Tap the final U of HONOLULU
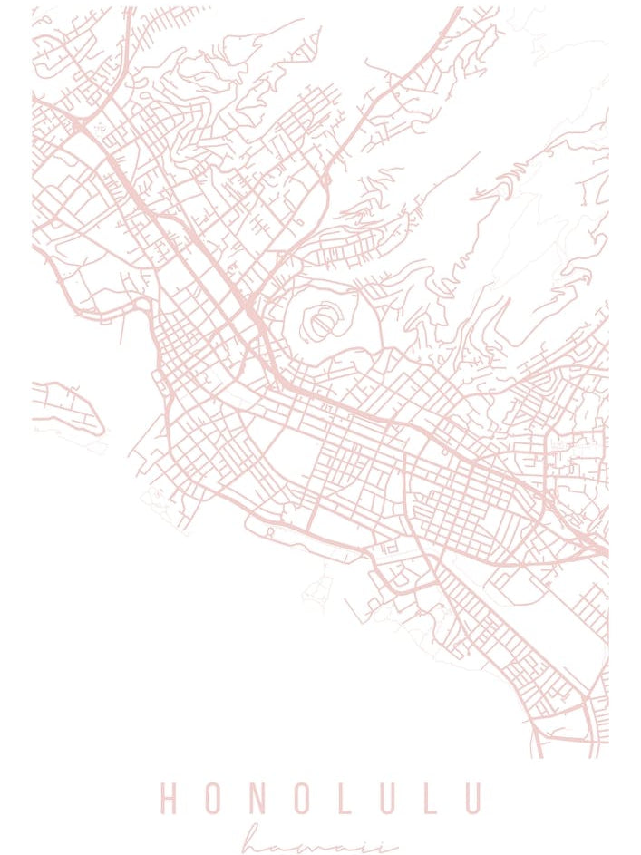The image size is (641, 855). [x=471, y=799]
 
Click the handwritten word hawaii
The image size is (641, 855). [x=320, y=841]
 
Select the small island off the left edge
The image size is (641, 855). [x=68, y=408]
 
